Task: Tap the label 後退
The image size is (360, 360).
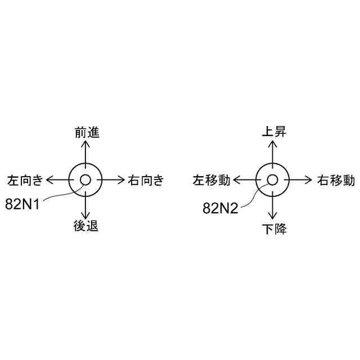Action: point(86,227)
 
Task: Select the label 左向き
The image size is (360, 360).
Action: point(25,181)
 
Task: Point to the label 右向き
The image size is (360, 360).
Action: point(146,181)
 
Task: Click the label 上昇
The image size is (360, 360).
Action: point(274,132)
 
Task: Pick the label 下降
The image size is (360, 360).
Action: point(274,229)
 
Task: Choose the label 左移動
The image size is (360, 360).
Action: point(211,181)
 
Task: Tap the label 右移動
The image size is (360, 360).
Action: point(335,181)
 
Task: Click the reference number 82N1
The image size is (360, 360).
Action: point(22,204)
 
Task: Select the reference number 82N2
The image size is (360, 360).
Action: point(220,208)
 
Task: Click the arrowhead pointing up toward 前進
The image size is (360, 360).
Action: point(85,143)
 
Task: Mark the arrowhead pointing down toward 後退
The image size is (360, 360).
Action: point(85,217)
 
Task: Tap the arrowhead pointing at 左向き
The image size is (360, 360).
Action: point(49,180)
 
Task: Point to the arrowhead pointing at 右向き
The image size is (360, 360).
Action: point(122,180)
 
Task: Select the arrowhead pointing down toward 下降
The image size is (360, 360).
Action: point(273,217)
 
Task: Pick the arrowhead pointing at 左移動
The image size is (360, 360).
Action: point(236,180)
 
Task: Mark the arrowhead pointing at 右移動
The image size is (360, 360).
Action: point(309,180)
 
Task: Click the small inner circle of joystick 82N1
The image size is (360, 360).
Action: point(85,180)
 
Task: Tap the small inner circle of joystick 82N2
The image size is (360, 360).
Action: point(273,180)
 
